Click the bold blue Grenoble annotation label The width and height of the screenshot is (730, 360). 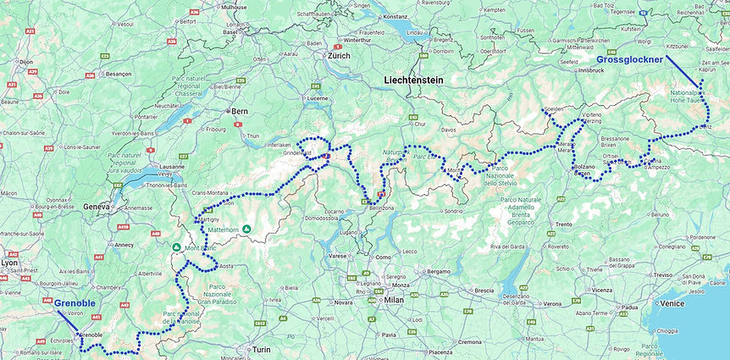point(75,302)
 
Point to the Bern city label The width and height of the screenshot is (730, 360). point(241,111)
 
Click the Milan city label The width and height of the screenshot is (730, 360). point(394,299)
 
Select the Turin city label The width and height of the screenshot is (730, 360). point(257,349)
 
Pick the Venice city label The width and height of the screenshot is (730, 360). point(672,302)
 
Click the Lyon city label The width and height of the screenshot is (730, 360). point(9,263)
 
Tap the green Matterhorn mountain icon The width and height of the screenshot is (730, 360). point(246,228)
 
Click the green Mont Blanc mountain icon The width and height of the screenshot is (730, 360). point(177,248)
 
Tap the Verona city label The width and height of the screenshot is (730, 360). point(551,303)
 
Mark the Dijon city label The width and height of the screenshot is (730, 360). point(26,62)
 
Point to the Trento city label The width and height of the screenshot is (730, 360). point(563,224)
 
